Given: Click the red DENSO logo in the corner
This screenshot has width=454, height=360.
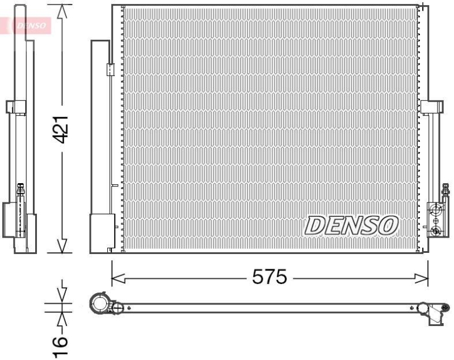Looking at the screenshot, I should click(x=29, y=25).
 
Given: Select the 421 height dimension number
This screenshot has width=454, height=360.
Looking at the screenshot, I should click(x=61, y=129).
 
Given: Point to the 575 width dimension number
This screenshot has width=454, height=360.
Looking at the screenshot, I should click(x=270, y=278).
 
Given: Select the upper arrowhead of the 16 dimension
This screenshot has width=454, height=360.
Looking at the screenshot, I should click(x=62, y=295).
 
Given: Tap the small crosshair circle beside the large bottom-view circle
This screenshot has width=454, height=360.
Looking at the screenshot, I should click(x=117, y=308).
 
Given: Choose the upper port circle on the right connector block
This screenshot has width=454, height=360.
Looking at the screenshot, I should click(x=436, y=209).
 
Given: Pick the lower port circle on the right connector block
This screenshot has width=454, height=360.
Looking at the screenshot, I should click(x=436, y=230).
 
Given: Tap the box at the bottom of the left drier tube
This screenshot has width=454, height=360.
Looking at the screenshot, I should click(x=103, y=232).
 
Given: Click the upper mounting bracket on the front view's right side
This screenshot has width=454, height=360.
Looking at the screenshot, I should click(x=431, y=106).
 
